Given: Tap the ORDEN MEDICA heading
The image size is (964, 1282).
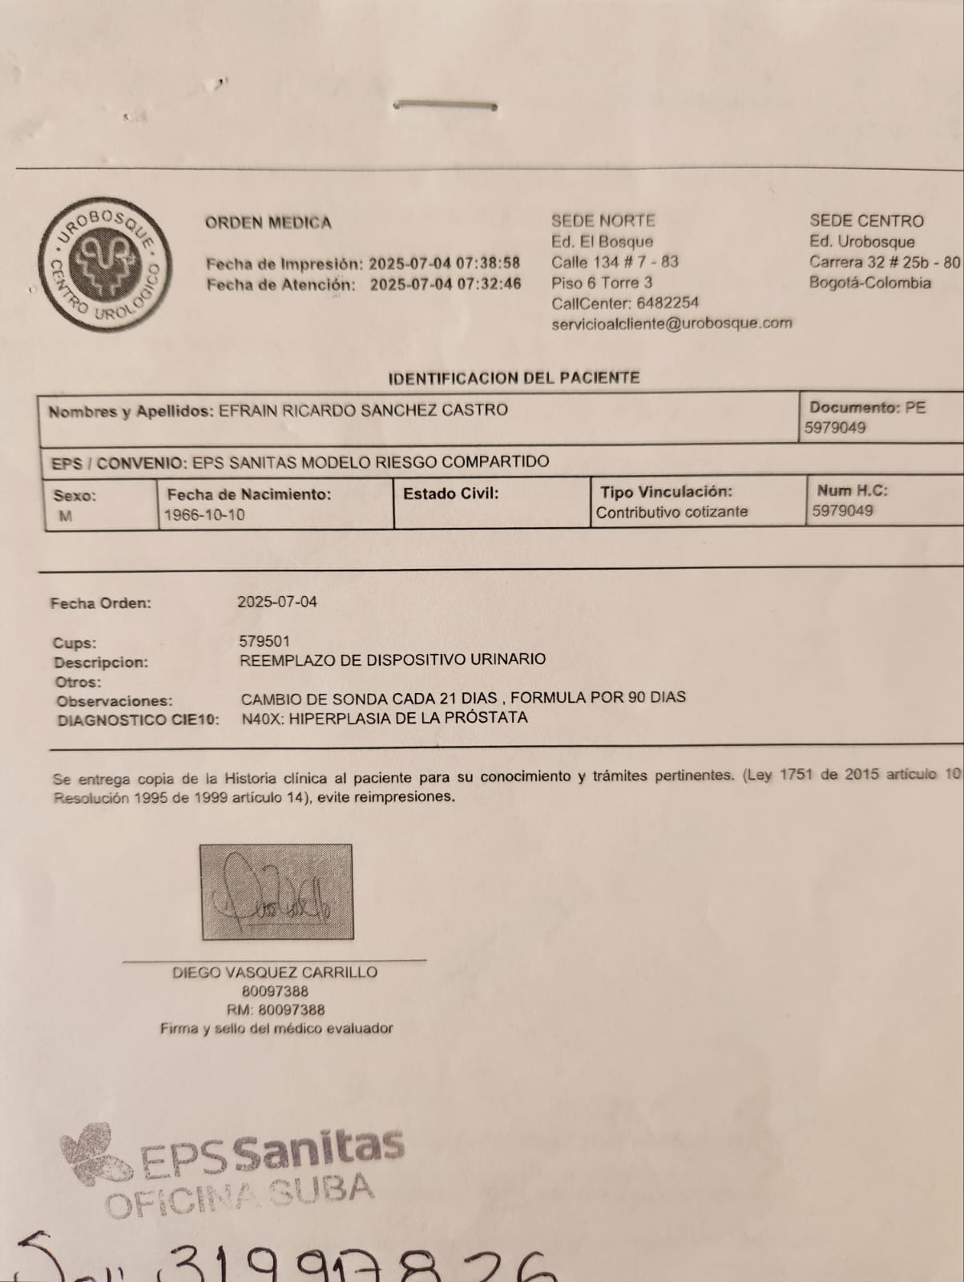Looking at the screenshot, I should (268, 223).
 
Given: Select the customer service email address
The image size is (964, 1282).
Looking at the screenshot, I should (672, 324).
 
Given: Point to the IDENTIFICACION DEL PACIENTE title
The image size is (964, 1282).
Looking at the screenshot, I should (514, 377).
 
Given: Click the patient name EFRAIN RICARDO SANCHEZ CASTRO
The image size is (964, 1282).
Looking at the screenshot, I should (363, 410).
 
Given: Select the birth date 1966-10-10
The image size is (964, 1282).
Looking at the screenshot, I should (204, 515).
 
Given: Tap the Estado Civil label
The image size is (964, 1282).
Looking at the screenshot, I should (450, 494).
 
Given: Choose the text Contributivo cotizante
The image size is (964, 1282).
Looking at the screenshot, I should (672, 512).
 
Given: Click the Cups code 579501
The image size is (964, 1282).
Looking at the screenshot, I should (264, 641).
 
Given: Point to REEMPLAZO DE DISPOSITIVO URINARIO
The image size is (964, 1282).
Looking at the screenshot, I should (393, 660).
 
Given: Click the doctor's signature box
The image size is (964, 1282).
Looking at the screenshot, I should (276, 891).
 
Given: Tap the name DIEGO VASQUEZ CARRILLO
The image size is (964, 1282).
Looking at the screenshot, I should (275, 972).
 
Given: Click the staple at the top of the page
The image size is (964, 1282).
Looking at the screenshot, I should (447, 105).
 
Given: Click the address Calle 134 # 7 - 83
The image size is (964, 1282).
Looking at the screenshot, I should (615, 262).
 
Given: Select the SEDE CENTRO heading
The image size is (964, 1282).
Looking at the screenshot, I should (866, 221).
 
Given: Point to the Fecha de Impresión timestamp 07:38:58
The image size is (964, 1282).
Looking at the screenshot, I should (489, 264).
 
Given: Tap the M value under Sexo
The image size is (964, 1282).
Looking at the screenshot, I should (65, 517).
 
